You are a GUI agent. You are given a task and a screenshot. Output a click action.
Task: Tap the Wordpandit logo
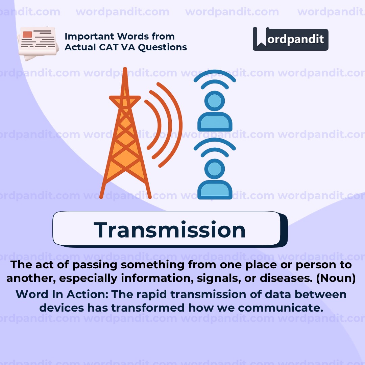point(290,39)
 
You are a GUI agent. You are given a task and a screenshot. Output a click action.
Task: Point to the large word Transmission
point(170,230)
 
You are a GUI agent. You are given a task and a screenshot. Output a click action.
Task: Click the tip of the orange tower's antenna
point(125,69)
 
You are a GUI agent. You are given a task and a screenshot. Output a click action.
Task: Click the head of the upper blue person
point(214,101)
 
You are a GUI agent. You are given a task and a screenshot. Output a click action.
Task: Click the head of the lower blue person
point(214,169)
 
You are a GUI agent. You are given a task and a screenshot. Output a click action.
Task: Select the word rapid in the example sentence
point(150,294)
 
